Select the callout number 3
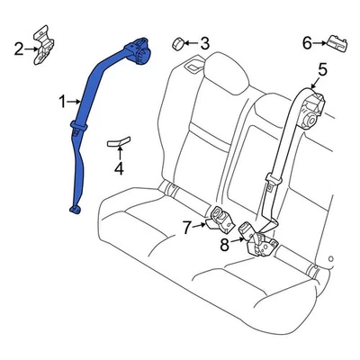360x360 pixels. (x=204, y=42)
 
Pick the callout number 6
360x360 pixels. (x=307, y=42)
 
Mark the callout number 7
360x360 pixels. (x=186, y=228)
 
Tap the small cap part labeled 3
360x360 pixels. (x=178, y=41)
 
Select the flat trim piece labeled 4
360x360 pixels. (x=118, y=139)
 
